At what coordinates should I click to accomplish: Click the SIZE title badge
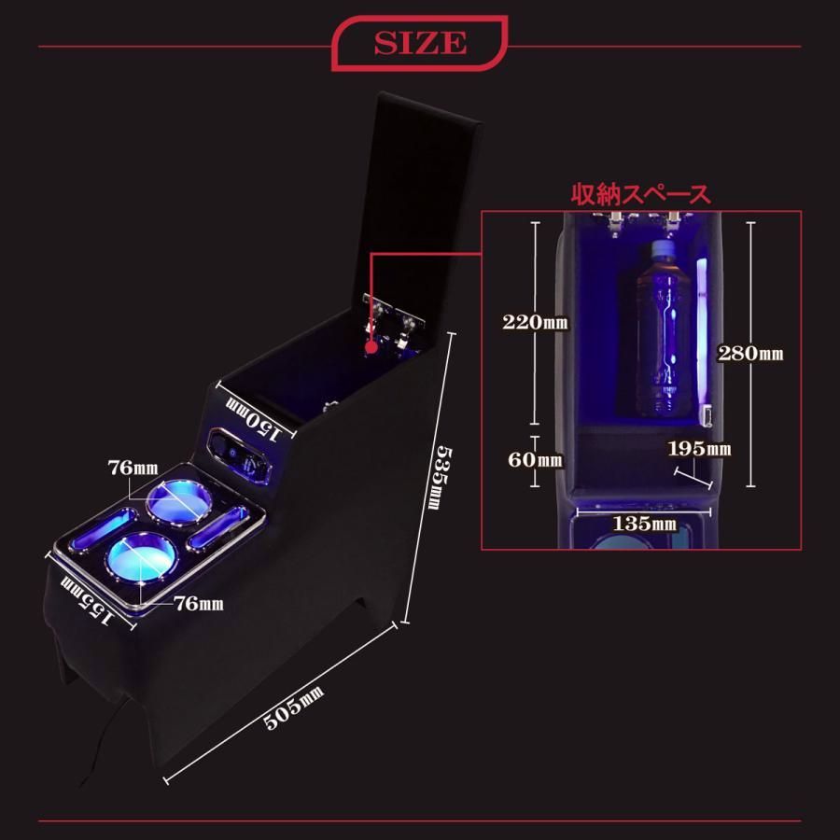tap(419, 43)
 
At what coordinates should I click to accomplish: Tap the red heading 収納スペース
tap(640, 194)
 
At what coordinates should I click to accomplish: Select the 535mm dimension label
tap(444, 477)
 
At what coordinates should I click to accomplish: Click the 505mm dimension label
tap(294, 707)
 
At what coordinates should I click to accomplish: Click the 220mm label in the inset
tap(535, 322)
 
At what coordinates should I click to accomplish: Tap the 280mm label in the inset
tap(750, 354)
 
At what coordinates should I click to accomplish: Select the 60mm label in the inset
tap(535, 459)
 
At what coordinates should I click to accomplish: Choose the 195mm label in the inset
tap(699, 448)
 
